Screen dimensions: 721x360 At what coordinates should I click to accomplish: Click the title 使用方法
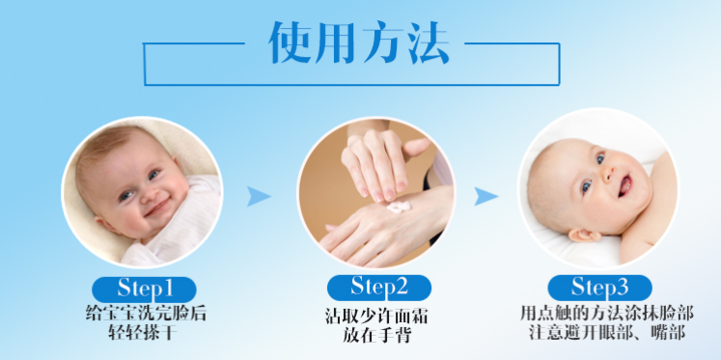point(359,42)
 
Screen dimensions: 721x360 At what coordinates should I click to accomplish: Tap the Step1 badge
point(145,290)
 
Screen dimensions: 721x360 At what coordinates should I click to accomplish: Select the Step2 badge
point(379,288)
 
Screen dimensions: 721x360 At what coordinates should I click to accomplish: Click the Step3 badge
point(599,288)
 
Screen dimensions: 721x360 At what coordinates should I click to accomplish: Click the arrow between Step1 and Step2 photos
point(258,196)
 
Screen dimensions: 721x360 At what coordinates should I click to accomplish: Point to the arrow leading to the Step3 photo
point(485,196)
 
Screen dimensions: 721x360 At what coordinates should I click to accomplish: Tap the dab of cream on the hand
point(398,207)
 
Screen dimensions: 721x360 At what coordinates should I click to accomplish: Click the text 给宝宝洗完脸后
point(146,314)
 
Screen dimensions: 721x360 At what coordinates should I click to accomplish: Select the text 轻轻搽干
point(142,332)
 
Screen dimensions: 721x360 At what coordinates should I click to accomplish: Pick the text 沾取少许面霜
point(376,317)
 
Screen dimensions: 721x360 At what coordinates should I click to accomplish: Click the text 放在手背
point(376,335)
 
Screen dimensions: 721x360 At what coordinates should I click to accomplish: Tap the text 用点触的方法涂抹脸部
point(607,314)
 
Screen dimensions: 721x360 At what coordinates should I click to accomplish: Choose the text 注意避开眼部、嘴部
point(607,332)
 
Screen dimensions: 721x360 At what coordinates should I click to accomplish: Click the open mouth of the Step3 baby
point(626,185)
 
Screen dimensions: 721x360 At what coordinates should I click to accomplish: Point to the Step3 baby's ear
point(585,235)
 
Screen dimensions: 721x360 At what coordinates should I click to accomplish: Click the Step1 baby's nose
point(148,194)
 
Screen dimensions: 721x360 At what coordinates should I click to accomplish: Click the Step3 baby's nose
point(610,172)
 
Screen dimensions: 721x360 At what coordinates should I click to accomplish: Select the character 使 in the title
point(290,42)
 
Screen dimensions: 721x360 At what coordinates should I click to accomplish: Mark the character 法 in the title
point(427,42)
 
